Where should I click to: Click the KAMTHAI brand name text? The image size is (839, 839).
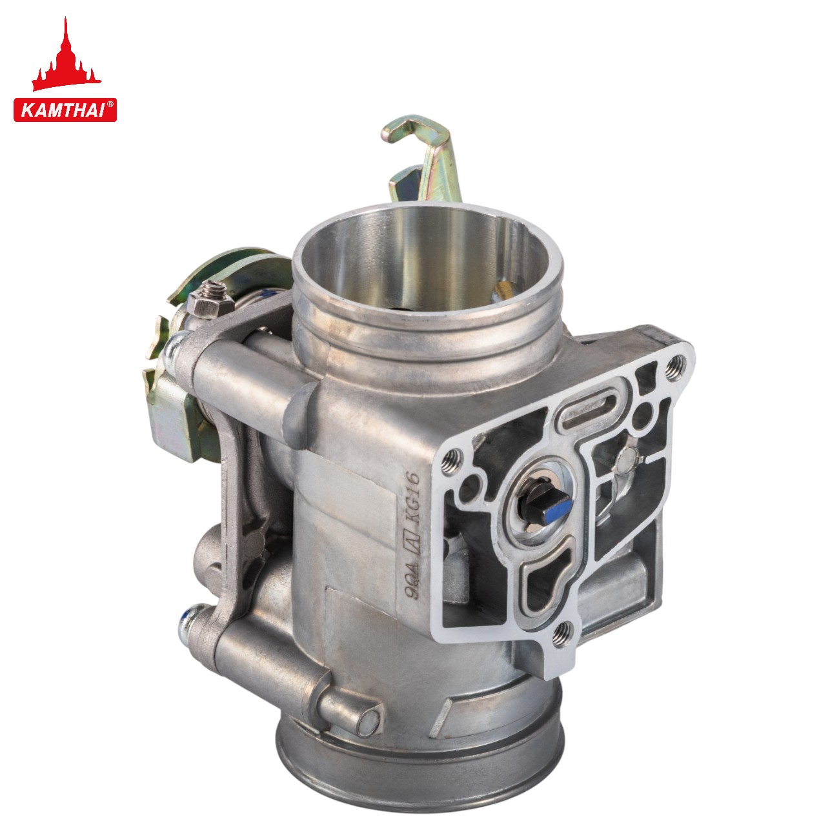62,110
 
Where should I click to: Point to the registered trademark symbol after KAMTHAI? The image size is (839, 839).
110,104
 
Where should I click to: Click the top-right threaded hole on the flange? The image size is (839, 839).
675,361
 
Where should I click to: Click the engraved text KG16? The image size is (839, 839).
412,497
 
